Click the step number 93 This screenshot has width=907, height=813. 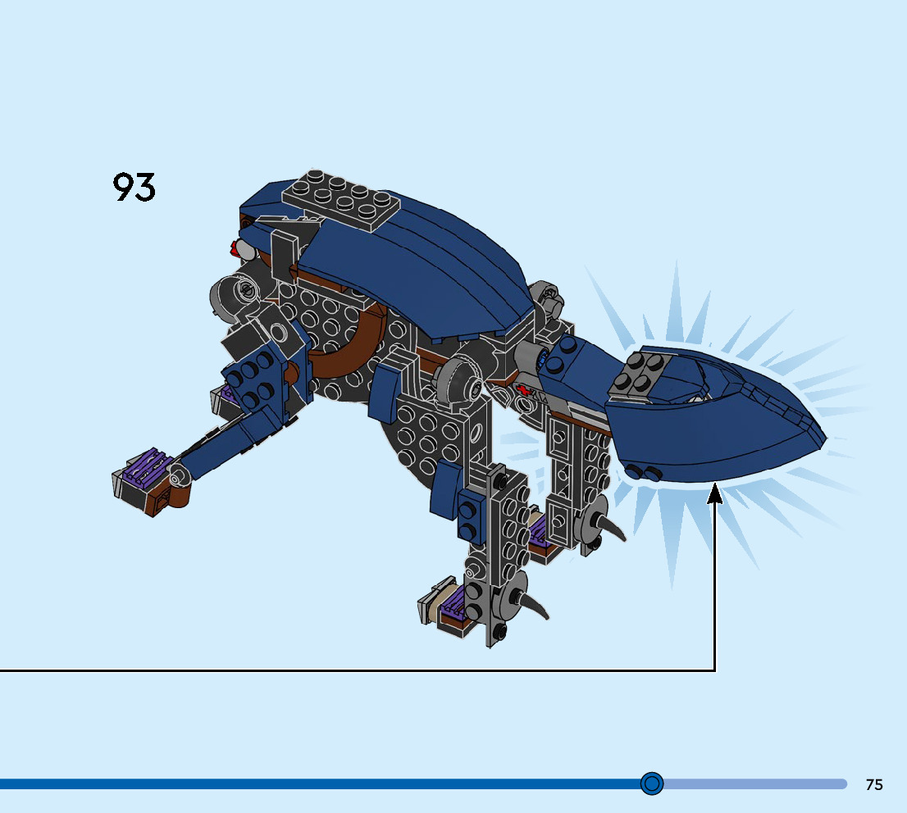point(134,187)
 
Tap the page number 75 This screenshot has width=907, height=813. point(874,784)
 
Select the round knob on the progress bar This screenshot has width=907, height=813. point(652,783)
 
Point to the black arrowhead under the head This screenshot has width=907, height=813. point(715,493)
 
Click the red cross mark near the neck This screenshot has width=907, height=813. point(522,391)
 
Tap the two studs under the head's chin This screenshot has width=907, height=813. point(644,472)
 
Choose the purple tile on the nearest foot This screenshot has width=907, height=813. point(452,606)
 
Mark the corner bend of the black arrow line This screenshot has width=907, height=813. point(715,670)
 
